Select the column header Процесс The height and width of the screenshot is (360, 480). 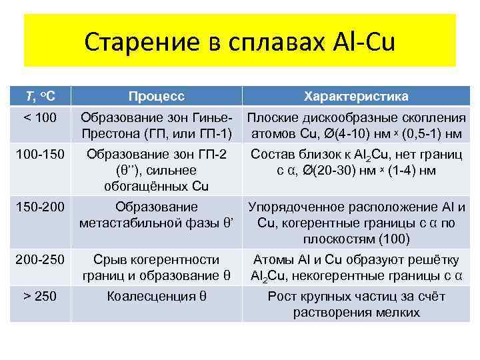pos(157,97)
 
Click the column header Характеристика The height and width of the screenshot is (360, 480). pos(356,97)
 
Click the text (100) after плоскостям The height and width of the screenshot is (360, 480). pos(394,239)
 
